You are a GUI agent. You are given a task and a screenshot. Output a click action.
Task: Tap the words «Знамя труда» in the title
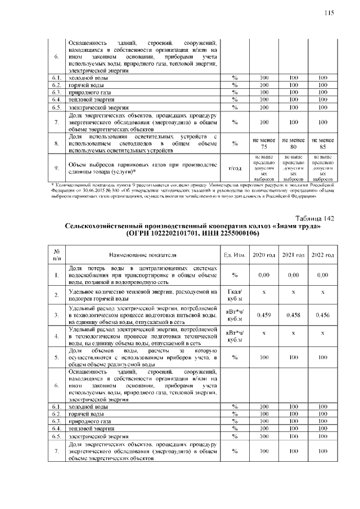tap(296, 226)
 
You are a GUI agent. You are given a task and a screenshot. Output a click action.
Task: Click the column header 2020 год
tap(264, 255)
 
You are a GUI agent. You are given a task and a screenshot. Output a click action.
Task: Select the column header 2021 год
tap(293, 255)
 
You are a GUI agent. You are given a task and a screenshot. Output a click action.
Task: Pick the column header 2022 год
tap(322, 255)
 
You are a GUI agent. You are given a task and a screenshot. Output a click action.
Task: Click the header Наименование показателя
tap(142, 255)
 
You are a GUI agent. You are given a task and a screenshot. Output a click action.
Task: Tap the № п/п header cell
tap(57, 255)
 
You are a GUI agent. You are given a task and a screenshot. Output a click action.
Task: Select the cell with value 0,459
tap(264, 316)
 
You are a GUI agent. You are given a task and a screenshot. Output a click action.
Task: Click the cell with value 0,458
tap(293, 316)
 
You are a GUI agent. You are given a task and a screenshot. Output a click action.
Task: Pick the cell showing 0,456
tap(322, 316)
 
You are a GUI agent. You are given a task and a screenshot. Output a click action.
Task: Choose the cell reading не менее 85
tap(322, 143)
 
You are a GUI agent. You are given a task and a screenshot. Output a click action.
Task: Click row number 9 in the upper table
tap(57, 168)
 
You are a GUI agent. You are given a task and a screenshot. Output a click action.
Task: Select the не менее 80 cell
tap(293, 143)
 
